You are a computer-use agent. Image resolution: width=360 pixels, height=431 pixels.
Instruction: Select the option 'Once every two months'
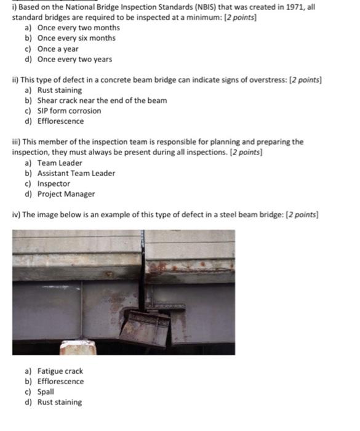pyautogui.click(x=78, y=28)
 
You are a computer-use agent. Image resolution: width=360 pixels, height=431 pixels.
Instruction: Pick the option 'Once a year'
pyautogui.click(x=58, y=49)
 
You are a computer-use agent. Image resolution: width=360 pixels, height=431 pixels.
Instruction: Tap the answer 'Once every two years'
pyautogui.click(x=74, y=59)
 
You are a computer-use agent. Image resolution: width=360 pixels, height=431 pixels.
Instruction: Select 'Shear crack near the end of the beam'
pyautogui.click(x=102, y=100)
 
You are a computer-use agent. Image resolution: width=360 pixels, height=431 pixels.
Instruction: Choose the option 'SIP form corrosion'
pyautogui.click(x=69, y=111)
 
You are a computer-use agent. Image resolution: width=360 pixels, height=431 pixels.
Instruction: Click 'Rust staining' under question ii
pyautogui.click(x=59, y=90)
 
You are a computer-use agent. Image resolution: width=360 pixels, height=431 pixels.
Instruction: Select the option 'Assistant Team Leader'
pyautogui.click(x=76, y=173)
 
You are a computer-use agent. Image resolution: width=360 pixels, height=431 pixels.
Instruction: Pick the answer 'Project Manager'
pyautogui.click(x=66, y=194)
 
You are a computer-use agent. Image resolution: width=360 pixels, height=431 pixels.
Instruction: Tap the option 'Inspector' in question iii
pyautogui.click(x=54, y=183)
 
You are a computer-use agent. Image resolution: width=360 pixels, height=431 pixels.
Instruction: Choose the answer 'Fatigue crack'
pyautogui.click(x=60, y=371)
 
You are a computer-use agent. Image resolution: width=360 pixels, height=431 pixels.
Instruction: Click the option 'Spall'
pyautogui.click(x=46, y=392)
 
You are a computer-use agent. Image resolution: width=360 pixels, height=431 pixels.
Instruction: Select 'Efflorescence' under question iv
pyautogui.click(x=60, y=382)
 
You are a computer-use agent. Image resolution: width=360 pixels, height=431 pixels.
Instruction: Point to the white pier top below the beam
pyautogui.click(x=78, y=348)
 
